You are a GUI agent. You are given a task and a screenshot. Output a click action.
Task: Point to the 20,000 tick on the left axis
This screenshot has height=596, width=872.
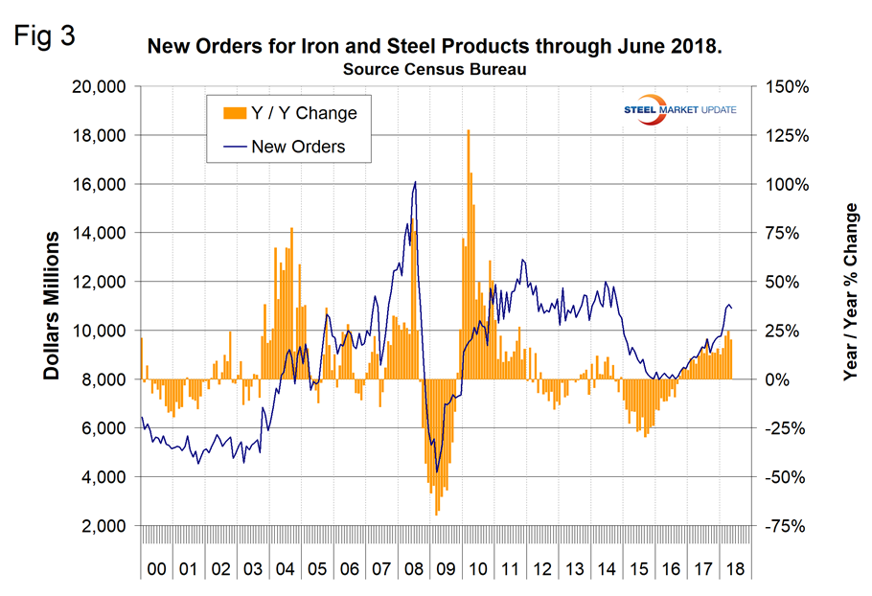click(x=103, y=86)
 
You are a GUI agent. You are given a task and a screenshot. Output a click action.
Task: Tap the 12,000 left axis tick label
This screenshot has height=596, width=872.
click(x=103, y=282)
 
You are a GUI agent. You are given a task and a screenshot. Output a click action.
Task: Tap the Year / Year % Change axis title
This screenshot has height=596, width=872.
click(x=851, y=305)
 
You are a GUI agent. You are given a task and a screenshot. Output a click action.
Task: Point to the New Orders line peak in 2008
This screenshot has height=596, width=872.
click(x=415, y=182)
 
